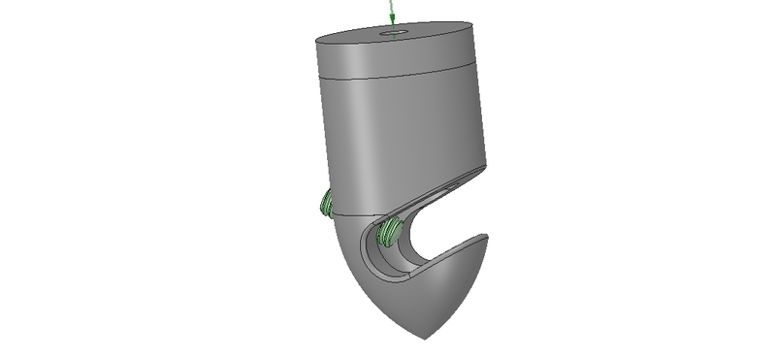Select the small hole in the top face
(395, 33)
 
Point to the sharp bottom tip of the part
(422, 338)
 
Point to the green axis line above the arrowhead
(390, 6)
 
